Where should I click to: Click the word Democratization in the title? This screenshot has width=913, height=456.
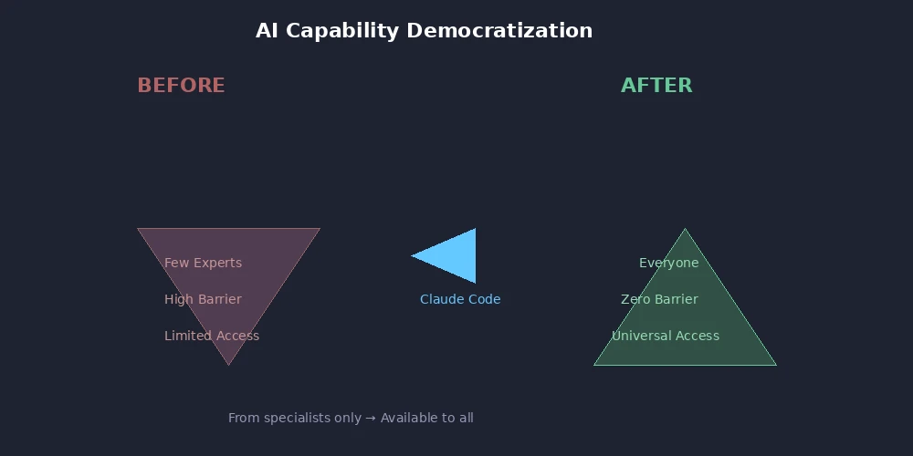[x=499, y=31]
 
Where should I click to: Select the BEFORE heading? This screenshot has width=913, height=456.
[x=181, y=86]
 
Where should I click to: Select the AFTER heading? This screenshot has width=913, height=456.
[x=656, y=86]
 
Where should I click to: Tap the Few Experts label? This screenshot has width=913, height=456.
[x=203, y=263]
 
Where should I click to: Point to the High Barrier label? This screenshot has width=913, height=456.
[x=203, y=299]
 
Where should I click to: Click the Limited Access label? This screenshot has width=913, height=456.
[x=212, y=336]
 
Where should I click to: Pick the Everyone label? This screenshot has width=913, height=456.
[x=668, y=263]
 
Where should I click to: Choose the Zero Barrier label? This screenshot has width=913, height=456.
[x=659, y=299]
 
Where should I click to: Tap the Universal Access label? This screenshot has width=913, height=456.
[x=666, y=336]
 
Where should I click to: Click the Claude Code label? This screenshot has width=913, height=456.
[x=460, y=299]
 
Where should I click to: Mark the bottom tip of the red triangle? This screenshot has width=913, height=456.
[x=228, y=363]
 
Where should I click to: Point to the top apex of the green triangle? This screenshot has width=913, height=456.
[x=685, y=231]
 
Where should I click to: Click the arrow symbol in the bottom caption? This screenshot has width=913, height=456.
[x=371, y=418]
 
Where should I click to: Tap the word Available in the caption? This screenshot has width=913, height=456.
[x=408, y=418]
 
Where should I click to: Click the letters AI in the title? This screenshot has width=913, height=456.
[x=266, y=31]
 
